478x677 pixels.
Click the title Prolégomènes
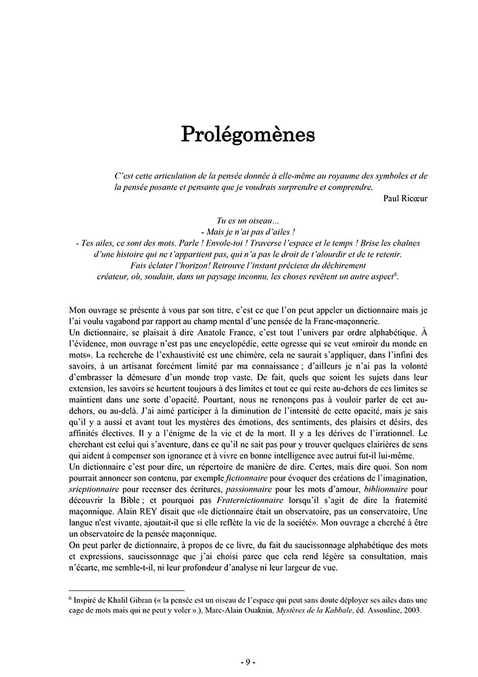(247, 134)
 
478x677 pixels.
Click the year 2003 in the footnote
(410, 610)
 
